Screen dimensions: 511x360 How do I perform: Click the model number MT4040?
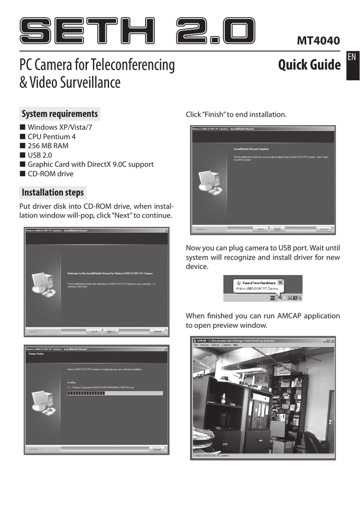pyautogui.click(x=318, y=40)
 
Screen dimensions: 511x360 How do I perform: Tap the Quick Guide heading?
pyautogui.click(x=309, y=65)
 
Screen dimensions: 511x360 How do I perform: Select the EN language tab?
pyautogui.click(x=352, y=57)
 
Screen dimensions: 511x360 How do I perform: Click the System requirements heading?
pyautogui.click(x=59, y=114)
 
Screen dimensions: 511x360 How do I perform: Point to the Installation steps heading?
pyautogui.click(x=53, y=192)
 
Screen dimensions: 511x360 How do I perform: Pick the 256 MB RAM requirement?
pyautogui.click(x=48, y=146)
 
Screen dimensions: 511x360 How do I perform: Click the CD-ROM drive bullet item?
pyautogui.click(x=50, y=174)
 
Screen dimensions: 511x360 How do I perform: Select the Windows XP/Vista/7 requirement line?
pyautogui.click(x=60, y=127)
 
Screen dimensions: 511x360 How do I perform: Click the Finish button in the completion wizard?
pyautogui.click(x=277, y=229)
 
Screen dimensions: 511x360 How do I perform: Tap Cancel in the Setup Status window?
pyautogui.click(x=157, y=449)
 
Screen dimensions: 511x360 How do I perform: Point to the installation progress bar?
pyautogui.click(x=115, y=393)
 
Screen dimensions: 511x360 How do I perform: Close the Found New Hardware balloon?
pyautogui.click(x=280, y=282)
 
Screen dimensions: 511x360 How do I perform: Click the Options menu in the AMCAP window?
pyautogui.click(x=215, y=345)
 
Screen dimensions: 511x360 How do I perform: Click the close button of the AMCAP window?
pyautogui.click(x=332, y=340)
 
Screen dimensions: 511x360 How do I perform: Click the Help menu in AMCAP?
pyautogui.click(x=236, y=345)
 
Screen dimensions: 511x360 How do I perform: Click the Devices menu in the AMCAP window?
pyautogui.click(x=204, y=345)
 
